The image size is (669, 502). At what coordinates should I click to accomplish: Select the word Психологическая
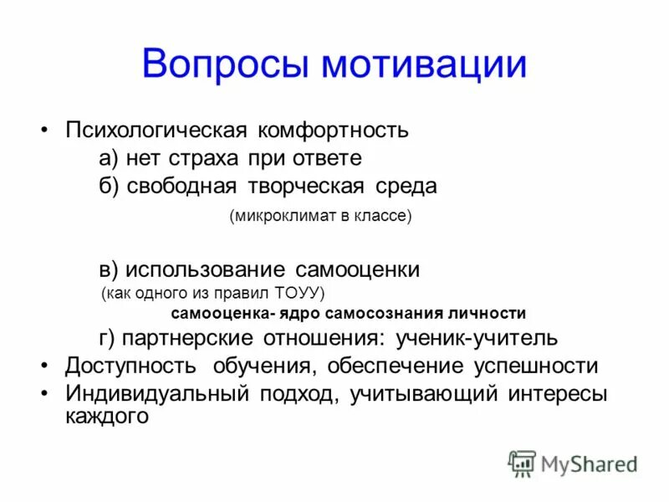[156, 131]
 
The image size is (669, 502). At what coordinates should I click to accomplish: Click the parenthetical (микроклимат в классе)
[321, 216]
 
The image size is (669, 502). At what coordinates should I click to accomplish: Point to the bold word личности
[492, 314]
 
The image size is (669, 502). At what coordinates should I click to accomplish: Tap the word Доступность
[131, 366]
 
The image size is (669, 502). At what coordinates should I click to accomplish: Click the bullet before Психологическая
[44, 131]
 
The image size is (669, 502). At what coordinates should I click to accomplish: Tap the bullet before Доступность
[44, 366]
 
